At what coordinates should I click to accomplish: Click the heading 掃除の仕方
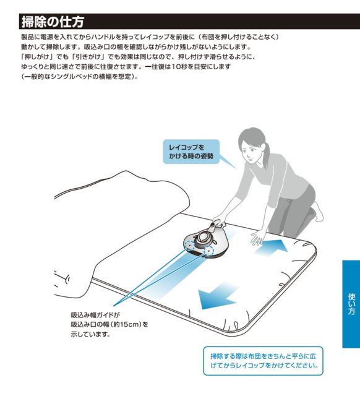pyautogui.click(x=53, y=22)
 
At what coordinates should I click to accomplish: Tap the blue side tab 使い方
pyautogui.click(x=351, y=304)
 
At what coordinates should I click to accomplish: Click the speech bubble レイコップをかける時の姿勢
pyautogui.click(x=191, y=152)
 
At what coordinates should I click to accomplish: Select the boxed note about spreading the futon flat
pyautogui.click(x=263, y=361)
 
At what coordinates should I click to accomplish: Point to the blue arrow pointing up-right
pyautogui.click(x=272, y=246)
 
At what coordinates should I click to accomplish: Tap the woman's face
pyautogui.click(x=249, y=150)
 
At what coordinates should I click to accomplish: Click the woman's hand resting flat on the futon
pyautogui.click(x=257, y=238)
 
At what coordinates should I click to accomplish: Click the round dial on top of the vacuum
pyautogui.click(x=204, y=238)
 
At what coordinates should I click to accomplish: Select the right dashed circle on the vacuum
pyautogui.click(x=209, y=250)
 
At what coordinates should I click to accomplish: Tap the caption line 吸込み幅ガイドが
pyautogui.click(x=95, y=315)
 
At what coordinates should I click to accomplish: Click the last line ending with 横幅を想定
pyautogui.click(x=80, y=77)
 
